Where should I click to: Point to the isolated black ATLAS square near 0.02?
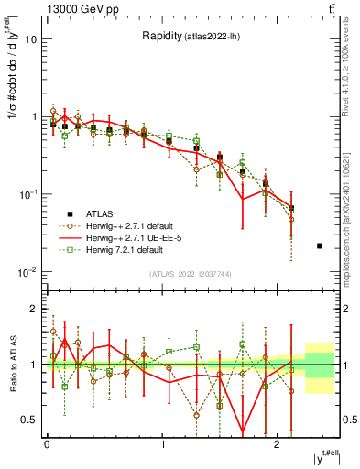(319, 245)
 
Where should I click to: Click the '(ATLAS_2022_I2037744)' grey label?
(190, 274)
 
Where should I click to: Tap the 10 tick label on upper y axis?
(30, 39)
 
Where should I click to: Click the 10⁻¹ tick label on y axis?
(27, 194)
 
